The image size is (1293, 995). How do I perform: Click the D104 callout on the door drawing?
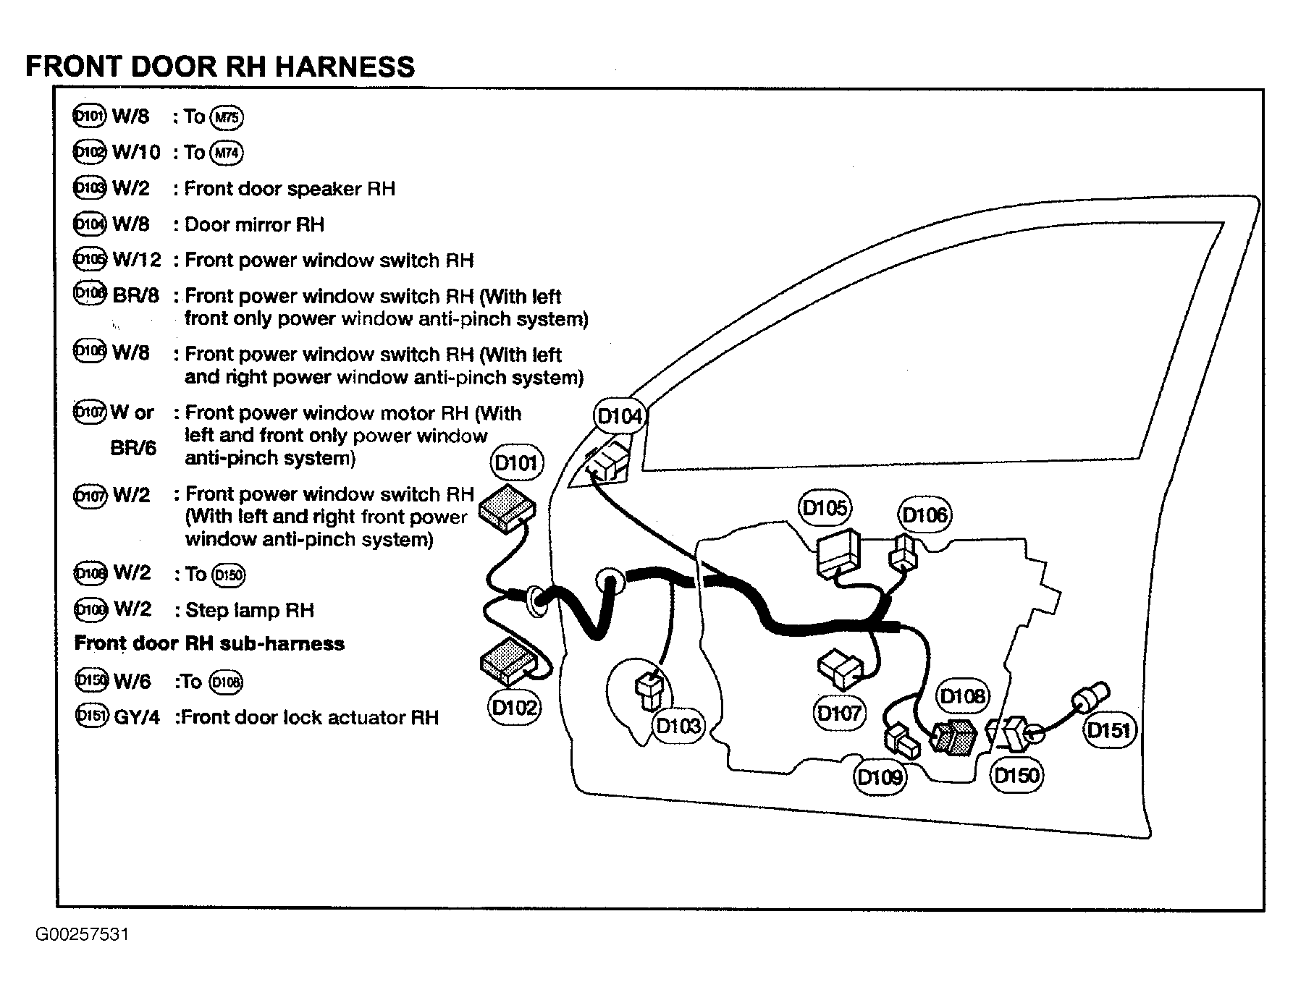619,417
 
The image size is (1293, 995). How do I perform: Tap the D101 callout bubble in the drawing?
516,463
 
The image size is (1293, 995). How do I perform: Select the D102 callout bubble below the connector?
514,707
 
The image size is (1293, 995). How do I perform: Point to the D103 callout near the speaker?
678,725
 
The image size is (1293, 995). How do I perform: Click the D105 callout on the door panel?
825,508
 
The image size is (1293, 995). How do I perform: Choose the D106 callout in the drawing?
925,515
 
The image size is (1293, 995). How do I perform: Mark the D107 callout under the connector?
838,714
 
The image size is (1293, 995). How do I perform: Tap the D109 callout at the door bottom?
880,777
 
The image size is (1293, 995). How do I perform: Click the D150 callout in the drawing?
1016,776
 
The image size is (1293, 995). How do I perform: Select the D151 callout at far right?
1109,730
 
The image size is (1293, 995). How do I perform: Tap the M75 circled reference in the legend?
227,117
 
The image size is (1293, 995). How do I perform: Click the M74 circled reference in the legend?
227,153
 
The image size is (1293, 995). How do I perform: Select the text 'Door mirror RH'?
254,224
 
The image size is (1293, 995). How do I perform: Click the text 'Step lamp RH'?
250,610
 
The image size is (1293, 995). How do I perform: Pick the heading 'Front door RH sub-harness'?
209,643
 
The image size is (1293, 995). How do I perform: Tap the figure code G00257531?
83,934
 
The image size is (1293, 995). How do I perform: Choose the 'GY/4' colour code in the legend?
137,718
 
